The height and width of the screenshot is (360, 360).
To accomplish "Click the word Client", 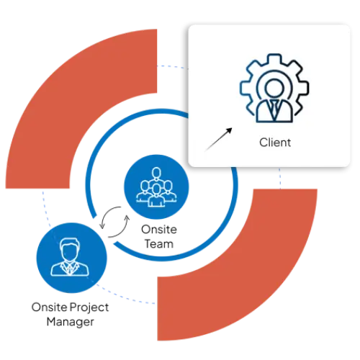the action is [275, 143].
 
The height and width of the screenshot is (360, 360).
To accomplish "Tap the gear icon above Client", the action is [274, 88].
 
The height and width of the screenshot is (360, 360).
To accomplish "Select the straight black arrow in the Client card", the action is [218, 139].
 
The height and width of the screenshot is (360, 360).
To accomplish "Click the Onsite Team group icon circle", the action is [156, 186].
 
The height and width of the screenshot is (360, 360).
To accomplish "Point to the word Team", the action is [159, 244].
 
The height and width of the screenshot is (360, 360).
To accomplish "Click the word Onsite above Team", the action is [159, 230].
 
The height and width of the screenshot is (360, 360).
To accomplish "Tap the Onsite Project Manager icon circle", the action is [71, 258].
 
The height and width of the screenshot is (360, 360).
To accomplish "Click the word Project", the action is [89, 308].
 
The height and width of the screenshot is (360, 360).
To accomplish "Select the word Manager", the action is [70, 322].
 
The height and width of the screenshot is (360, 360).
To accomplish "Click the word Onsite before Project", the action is [50, 307].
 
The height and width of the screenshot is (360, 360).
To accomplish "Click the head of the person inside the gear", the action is [274, 88].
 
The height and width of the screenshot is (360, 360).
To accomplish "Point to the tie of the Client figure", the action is [274, 109].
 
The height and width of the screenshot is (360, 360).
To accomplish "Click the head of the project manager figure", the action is [69, 250].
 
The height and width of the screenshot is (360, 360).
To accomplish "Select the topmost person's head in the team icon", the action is [156, 174].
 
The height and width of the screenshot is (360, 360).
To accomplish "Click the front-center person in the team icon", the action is [156, 195].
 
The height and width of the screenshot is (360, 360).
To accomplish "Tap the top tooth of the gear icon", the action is [274, 58].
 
